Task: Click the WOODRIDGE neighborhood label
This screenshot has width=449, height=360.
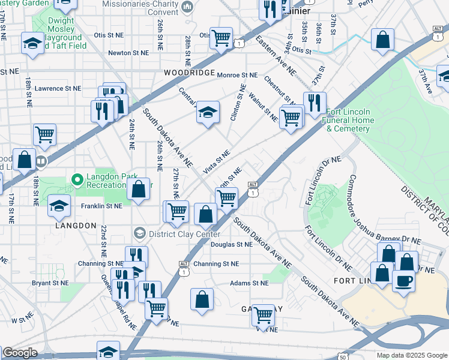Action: pos(188,73)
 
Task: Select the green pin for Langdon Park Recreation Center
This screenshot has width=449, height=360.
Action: pos(77,179)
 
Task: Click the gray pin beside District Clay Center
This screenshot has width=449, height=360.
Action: pos(139,233)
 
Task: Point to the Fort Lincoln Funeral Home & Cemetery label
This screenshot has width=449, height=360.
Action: pos(350,120)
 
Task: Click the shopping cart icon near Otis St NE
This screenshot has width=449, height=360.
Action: pos(221,38)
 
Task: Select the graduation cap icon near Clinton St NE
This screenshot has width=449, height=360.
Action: pos(208,112)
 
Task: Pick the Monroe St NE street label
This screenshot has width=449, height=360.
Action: pos(237,75)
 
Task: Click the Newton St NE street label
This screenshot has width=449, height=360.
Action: pos(128,53)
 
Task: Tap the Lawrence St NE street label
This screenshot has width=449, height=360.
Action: pos(58,88)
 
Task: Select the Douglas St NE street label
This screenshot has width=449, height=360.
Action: pos(231,244)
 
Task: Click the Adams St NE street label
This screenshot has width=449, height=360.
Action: pos(249,283)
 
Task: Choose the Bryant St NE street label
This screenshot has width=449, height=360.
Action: pos(50,281)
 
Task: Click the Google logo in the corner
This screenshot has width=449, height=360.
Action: pos(20,353)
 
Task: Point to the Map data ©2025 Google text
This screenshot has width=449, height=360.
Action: pos(411,355)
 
